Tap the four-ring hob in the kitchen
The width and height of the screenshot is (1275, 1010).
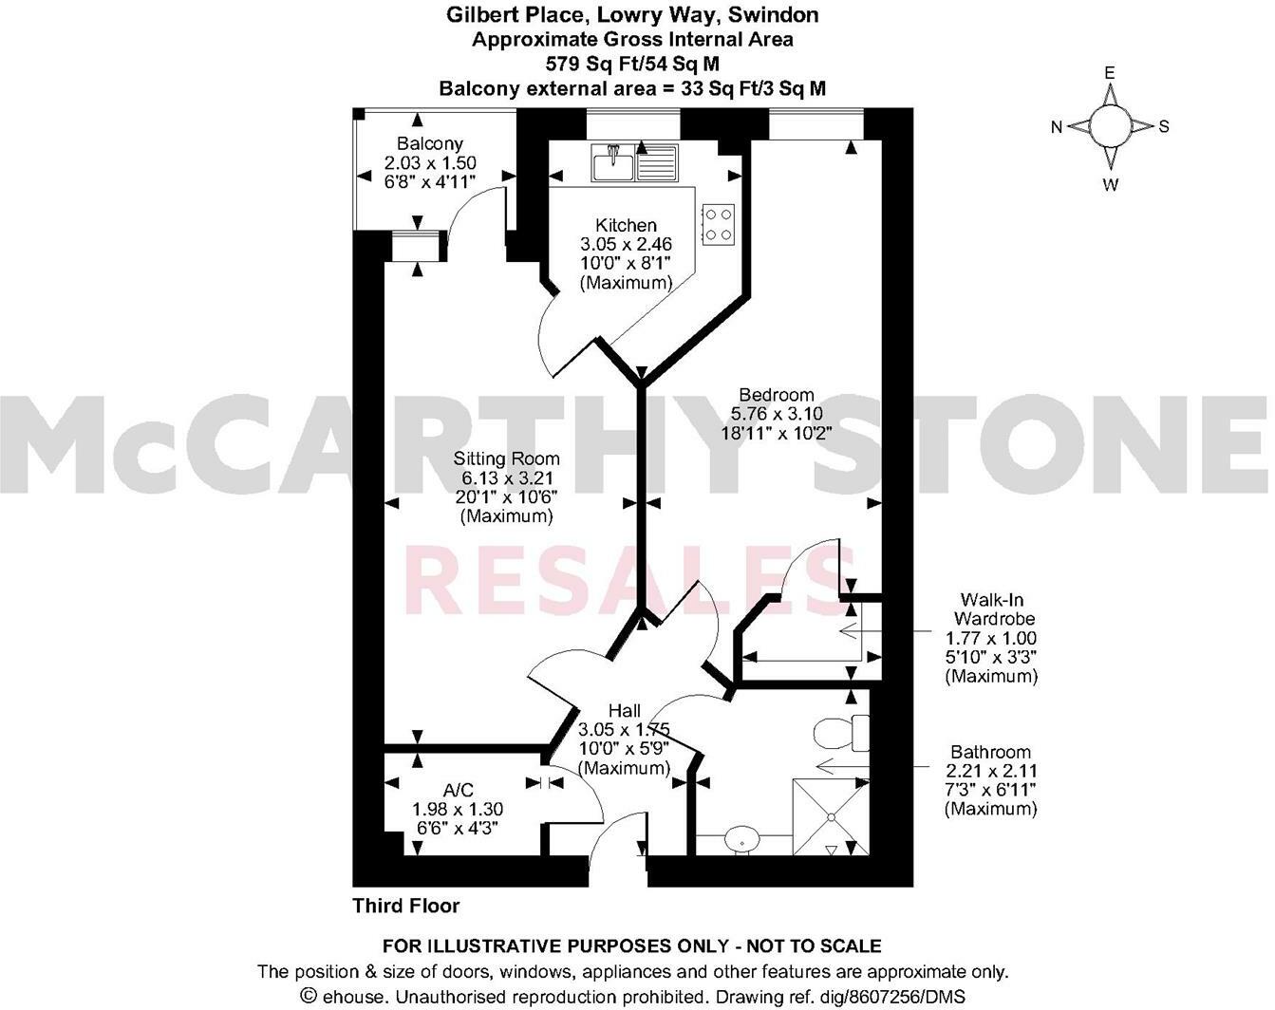[719, 224]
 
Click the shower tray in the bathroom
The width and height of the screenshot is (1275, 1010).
[830, 815]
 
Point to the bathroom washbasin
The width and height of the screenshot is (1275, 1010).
[741, 839]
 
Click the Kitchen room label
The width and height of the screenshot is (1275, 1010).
[626, 226]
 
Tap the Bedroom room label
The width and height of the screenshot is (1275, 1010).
[777, 395]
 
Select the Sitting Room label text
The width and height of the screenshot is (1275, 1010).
[506, 459]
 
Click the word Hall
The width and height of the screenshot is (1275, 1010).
[625, 711]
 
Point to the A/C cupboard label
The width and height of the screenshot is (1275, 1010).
[458, 791]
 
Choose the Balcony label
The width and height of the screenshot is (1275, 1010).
[430, 144]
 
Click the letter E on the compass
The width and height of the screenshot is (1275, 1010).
[1108, 73]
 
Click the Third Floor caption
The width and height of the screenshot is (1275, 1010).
[406, 906]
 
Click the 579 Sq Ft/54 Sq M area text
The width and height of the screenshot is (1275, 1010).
[632, 65]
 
